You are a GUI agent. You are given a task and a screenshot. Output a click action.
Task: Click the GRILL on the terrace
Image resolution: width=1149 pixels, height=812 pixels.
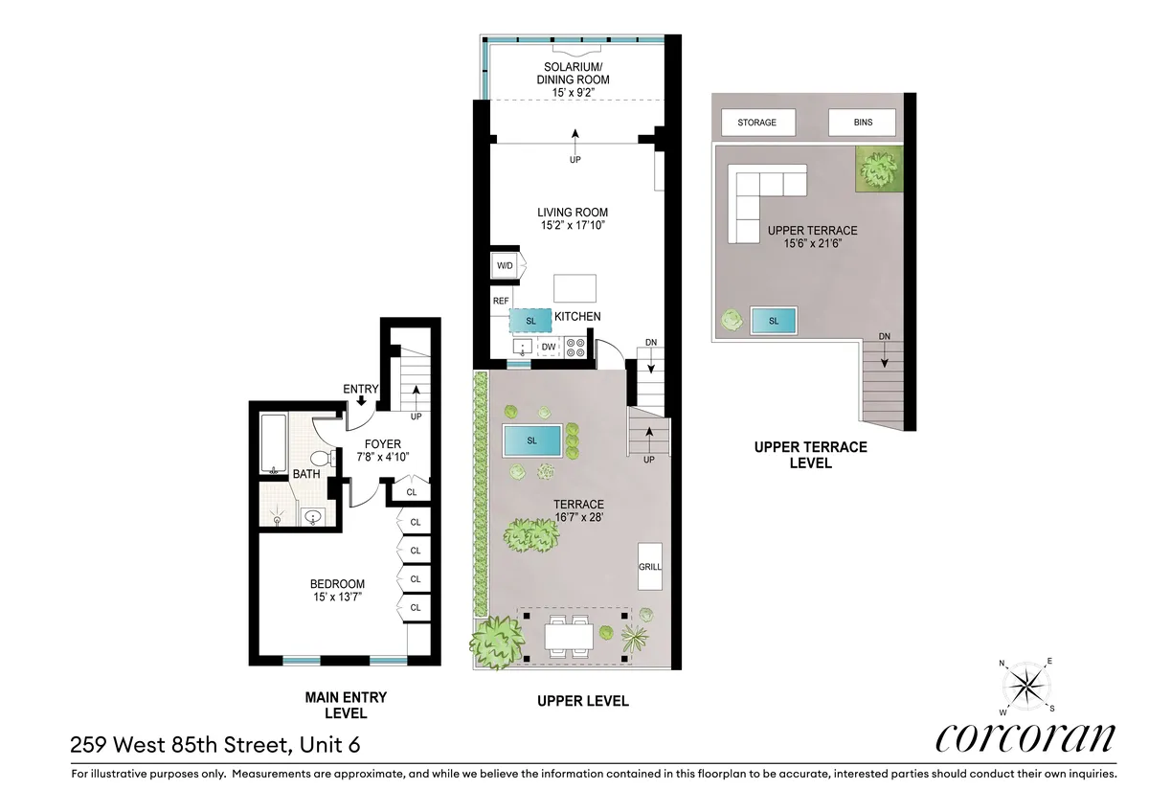click(650, 565)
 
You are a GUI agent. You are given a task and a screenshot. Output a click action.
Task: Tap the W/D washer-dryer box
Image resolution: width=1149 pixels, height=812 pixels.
click(504, 265)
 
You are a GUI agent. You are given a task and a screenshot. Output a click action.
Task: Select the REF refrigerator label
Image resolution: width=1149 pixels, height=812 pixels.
click(500, 301)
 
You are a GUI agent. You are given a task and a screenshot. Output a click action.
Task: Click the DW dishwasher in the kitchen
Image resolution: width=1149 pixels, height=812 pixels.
click(549, 348)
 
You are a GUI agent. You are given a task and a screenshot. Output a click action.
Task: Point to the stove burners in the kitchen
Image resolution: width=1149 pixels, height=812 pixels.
click(577, 347)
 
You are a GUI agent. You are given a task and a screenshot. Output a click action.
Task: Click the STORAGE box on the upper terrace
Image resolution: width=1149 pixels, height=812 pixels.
click(756, 123)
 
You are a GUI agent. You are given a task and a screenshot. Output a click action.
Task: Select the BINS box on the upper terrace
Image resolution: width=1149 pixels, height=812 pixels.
click(863, 123)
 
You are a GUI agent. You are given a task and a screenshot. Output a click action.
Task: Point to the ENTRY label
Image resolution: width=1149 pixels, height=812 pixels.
click(361, 389)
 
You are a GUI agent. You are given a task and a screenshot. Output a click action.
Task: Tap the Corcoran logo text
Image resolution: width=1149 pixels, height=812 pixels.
click(1025, 737)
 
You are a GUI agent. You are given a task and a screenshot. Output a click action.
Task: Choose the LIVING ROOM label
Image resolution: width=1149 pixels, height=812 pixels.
click(573, 213)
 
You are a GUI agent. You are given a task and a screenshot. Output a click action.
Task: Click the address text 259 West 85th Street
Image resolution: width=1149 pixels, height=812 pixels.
click(215, 744)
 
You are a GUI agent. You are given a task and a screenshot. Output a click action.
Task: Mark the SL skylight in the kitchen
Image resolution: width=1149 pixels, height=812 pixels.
click(530, 319)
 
